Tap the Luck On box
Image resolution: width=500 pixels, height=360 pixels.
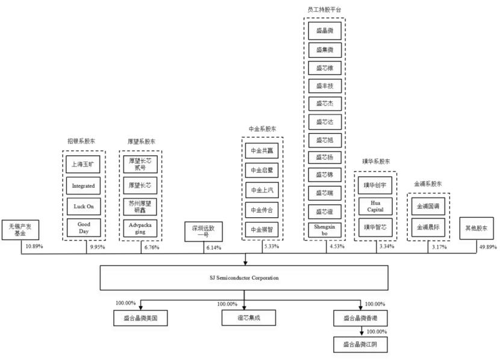tap(83, 206)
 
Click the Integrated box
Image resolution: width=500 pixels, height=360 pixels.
tap(83, 186)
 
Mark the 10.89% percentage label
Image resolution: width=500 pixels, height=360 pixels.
tap(33, 246)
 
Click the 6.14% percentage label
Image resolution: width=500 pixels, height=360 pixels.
tap(215, 247)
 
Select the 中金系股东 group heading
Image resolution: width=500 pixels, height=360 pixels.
tap(262, 129)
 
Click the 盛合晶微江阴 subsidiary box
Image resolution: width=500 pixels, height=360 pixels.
tap(360, 344)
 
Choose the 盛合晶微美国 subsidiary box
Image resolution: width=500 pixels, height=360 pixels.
tap(140, 317)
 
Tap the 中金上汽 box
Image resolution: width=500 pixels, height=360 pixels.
tap(262, 190)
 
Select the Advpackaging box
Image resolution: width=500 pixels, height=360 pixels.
tap(140, 229)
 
